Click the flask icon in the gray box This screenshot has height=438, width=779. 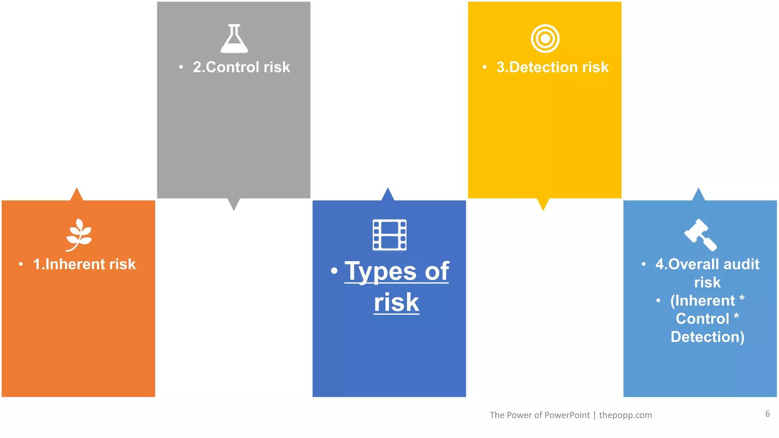tap(234, 39)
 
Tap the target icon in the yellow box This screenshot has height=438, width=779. tap(545, 38)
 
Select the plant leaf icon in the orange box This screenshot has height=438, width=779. tap(79, 235)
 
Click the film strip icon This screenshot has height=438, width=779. tap(389, 235)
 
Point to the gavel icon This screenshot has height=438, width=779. tap(701, 235)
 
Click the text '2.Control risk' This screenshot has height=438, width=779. tap(241, 67)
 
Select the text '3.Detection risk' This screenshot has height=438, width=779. tap(552, 67)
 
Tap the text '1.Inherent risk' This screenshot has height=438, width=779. tap(84, 264)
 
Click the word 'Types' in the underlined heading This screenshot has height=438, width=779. tap(380, 271)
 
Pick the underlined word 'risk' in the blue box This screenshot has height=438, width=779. tap(396, 303)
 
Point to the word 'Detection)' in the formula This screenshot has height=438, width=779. tap(707, 337)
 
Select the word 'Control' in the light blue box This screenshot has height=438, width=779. tap(702, 319)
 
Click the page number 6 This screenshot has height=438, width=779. tap(768, 414)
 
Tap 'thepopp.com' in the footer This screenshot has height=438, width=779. tap(625, 415)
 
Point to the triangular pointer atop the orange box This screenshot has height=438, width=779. tap(77, 195)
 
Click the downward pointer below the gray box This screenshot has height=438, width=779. tap(234, 204)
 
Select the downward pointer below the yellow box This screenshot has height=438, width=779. tap(543, 204)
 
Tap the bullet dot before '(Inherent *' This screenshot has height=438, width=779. tap(658, 301)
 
